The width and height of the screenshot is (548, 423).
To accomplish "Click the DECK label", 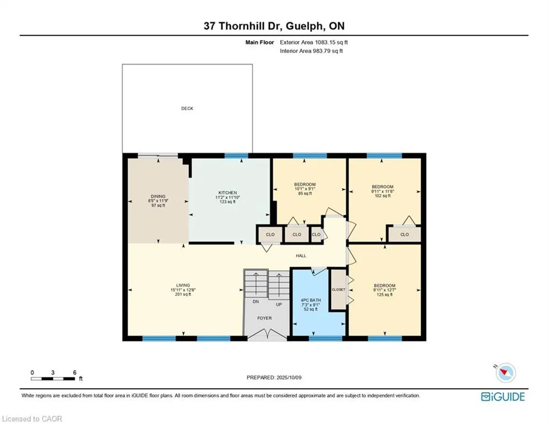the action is coord(187,109).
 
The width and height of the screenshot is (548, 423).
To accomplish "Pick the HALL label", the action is coord(301,256).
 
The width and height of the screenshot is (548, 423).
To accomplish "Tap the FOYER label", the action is coord(264,318).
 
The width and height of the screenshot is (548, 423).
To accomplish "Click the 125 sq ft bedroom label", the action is coord(384,290).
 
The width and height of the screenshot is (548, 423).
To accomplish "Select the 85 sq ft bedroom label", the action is coord(305,189).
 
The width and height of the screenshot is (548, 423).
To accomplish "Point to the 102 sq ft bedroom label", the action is coord(382,191).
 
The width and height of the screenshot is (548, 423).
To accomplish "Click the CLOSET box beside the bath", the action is coord(338,289).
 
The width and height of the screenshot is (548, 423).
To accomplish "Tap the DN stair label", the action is coord(256,301).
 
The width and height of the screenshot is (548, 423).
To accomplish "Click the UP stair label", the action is coord(279,305).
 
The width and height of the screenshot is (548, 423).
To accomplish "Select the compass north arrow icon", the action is coord(505,372).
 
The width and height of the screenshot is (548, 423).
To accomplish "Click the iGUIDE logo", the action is coord(503,397).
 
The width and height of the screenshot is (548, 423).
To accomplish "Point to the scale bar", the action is coord(53,378).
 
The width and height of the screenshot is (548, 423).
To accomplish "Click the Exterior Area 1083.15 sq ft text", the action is coord(314,42).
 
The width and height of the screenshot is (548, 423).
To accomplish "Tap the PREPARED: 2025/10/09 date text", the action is coord(274,377).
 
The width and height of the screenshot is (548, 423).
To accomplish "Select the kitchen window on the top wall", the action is coord(236,156).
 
